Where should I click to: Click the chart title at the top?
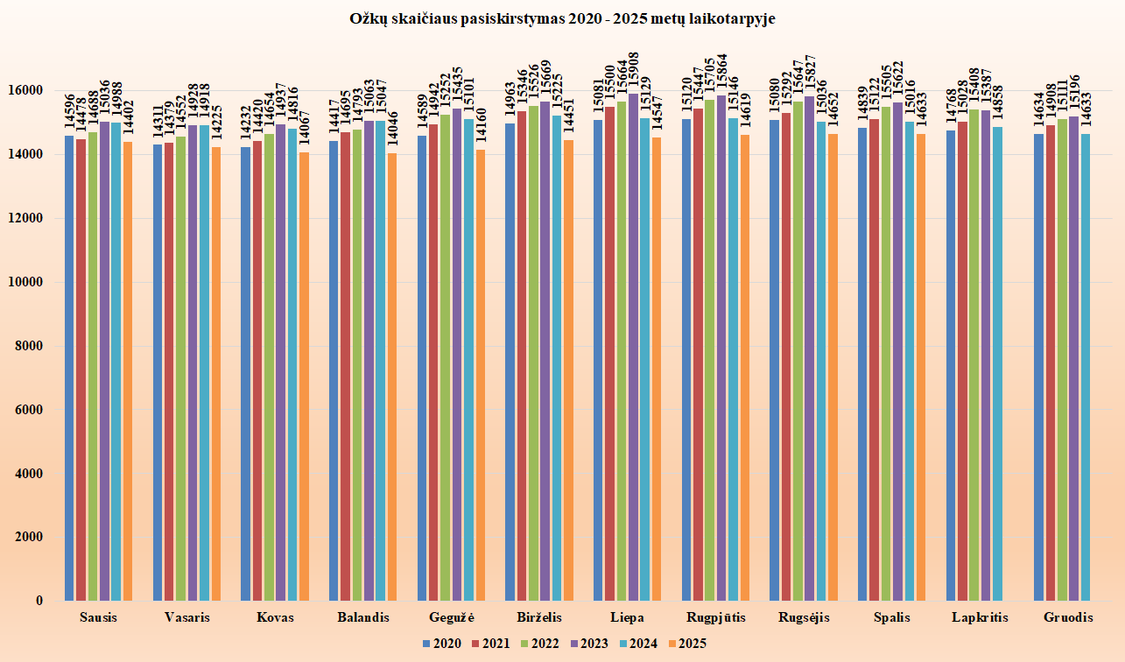tap(562, 18)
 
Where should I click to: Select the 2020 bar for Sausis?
tap(69, 368)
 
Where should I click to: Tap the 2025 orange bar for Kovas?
tap(304, 377)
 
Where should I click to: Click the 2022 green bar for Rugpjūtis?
tap(710, 350)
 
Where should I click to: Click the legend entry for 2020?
tap(441, 644)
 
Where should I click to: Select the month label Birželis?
tap(539, 617)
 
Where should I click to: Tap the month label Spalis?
tap(891, 617)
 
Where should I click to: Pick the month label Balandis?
tap(362, 617)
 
